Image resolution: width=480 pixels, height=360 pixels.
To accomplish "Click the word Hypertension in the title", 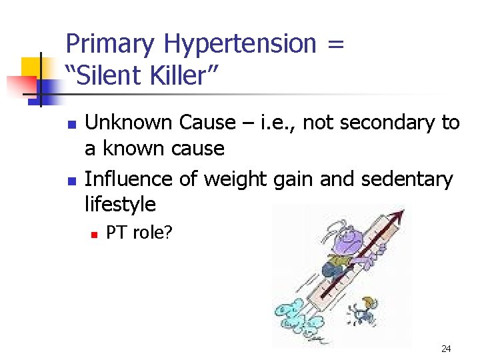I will click(x=241, y=45).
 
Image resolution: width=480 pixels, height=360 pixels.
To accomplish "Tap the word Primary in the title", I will click(x=111, y=45).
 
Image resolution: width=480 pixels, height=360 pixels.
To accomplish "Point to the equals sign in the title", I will click(x=336, y=45).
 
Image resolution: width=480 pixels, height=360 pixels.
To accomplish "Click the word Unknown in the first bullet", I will click(x=127, y=123).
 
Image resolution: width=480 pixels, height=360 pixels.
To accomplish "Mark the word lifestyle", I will click(x=120, y=204).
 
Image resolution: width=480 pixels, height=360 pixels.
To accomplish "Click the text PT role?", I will click(x=139, y=233).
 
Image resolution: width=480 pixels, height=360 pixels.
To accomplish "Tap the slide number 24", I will click(x=445, y=349).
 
